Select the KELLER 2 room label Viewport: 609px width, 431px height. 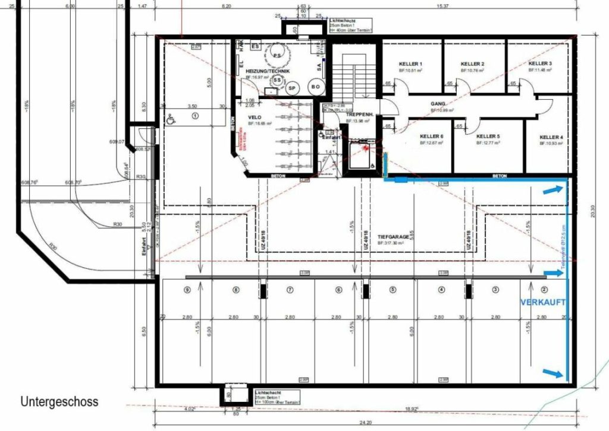pos(472,64)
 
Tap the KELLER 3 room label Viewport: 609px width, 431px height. pos(540,63)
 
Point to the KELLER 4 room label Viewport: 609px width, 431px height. pos(551,137)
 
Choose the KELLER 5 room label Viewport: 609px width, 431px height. pos(488,136)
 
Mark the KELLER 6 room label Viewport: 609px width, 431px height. pos(431,136)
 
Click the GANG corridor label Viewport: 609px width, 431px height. pos(438,103)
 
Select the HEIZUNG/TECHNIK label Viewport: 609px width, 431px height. pos(267,71)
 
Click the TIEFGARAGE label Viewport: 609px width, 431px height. pos(393,236)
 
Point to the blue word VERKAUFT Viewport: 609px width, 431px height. pos(542,302)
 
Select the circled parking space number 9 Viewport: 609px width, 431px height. pos(187,290)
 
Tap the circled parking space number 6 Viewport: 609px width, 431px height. pos(339,290)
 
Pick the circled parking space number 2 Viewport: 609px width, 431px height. pos(544,290)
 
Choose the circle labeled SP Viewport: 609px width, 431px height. pos(291,88)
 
